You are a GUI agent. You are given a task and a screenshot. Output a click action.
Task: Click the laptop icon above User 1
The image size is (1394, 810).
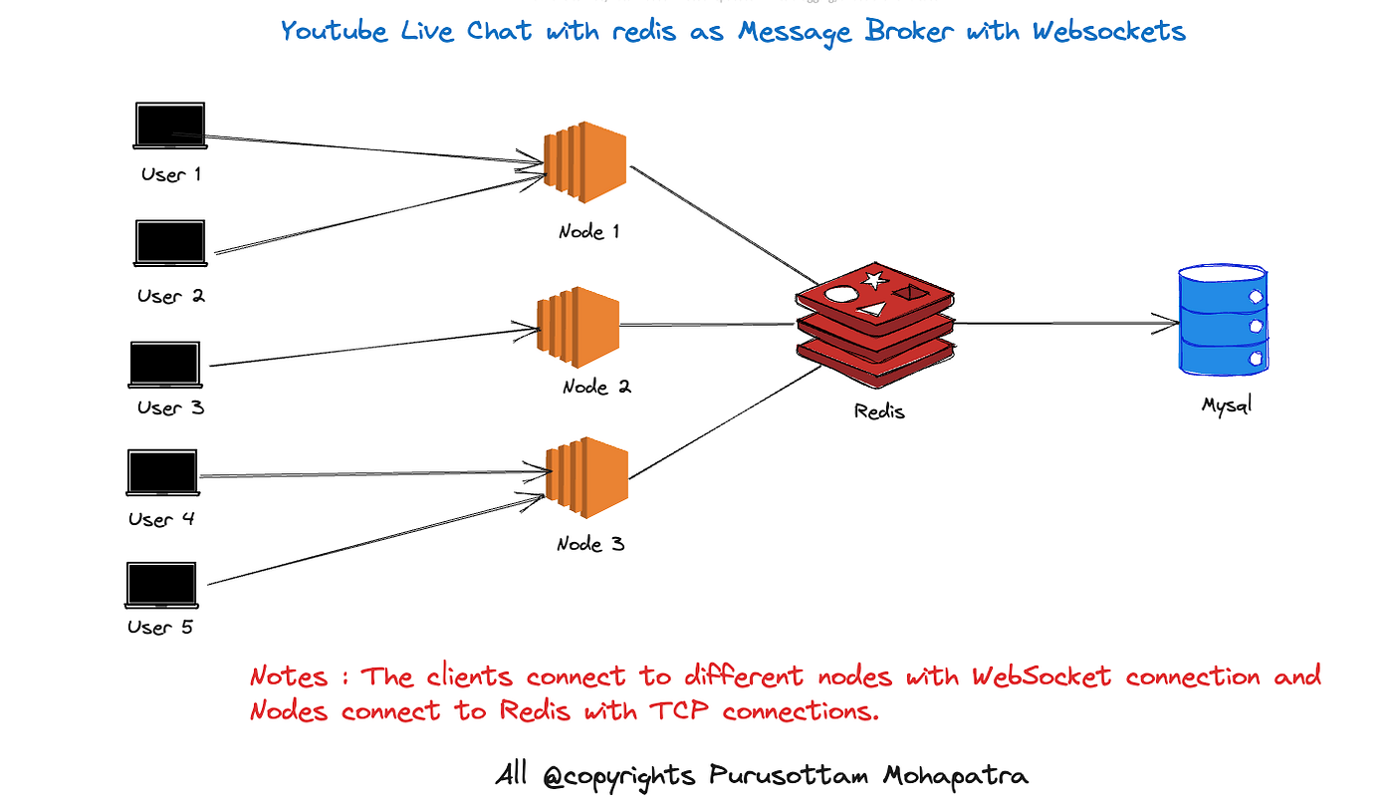(170, 126)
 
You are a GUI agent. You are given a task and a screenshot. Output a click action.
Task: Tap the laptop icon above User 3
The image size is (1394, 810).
(165, 365)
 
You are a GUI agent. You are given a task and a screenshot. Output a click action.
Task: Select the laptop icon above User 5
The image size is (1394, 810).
(161, 585)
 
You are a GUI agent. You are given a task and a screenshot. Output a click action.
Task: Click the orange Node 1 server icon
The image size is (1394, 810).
(585, 161)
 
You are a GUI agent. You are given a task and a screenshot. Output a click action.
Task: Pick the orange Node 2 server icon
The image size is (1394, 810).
(579, 327)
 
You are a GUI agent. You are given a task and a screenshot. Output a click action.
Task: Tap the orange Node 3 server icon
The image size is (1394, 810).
(586, 477)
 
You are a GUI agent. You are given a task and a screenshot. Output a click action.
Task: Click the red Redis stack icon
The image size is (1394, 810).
(875, 325)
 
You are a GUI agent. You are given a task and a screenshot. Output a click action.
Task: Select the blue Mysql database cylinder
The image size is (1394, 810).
(1224, 320)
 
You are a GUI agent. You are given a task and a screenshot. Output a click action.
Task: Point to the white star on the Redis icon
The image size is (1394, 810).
(874, 280)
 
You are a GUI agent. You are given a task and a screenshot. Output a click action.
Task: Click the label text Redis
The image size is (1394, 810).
(879, 410)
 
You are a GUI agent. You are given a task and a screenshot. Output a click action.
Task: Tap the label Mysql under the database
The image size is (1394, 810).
(1227, 405)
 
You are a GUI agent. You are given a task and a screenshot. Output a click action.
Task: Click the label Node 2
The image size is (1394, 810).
(596, 387)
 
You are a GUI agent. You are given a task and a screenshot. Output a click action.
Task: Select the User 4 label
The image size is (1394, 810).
(161, 519)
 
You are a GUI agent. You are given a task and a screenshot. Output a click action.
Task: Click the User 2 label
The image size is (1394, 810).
(171, 295)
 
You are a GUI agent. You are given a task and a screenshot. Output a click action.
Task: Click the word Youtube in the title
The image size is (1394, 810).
(334, 31)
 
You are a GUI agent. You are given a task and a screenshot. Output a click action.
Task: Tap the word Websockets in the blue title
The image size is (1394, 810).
(1109, 31)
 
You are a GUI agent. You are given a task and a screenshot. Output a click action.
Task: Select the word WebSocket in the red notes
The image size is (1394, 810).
(1042, 676)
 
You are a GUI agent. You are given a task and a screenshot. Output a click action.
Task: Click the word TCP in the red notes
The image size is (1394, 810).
(678, 710)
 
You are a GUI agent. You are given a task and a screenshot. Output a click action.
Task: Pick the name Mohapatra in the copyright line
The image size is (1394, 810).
(955, 776)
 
